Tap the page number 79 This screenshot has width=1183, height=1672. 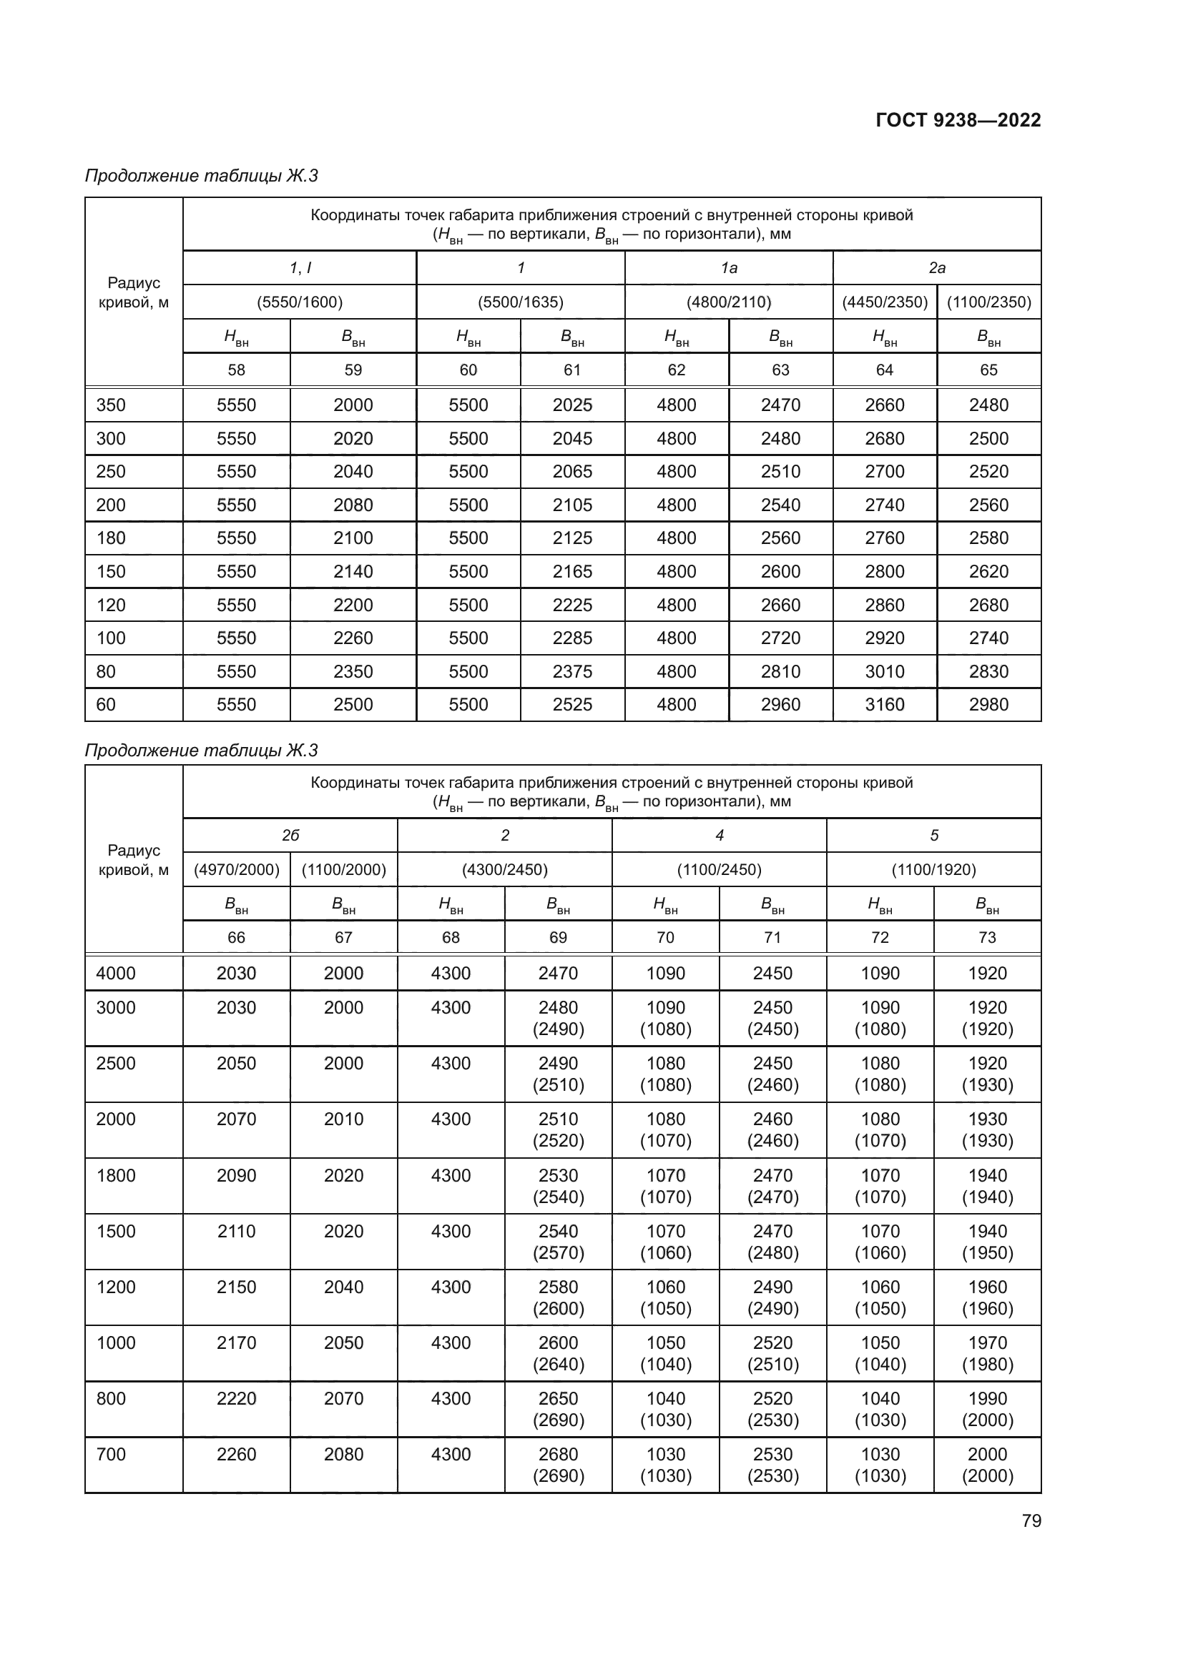[x=1031, y=1520]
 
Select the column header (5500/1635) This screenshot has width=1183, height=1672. [x=520, y=302]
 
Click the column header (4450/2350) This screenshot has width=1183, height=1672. [x=884, y=302]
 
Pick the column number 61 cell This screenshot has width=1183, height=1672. [x=572, y=370]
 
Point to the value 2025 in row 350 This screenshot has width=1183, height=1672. [x=572, y=405]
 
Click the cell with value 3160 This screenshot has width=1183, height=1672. [x=884, y=704]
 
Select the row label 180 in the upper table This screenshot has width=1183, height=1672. [x=111, y=538]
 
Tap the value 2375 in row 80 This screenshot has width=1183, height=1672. [x=572, y=671]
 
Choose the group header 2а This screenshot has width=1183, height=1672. [x=936, y=268]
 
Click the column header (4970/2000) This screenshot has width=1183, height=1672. [x=236, y=869]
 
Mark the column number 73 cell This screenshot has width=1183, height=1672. [x=987, y=937]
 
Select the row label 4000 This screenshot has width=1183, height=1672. [x=116, y=973]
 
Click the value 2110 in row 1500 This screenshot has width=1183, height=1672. [x=236, y=1232]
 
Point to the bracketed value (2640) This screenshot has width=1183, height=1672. [x=558, y=1364]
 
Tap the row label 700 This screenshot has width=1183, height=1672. [x=111, y=1454]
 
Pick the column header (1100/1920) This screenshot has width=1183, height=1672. [x=933, y=869]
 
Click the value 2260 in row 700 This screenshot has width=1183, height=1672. [x=236, y=1454]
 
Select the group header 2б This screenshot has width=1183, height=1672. [x=290, y=835]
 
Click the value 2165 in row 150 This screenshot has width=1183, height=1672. [x=572, y=572]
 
